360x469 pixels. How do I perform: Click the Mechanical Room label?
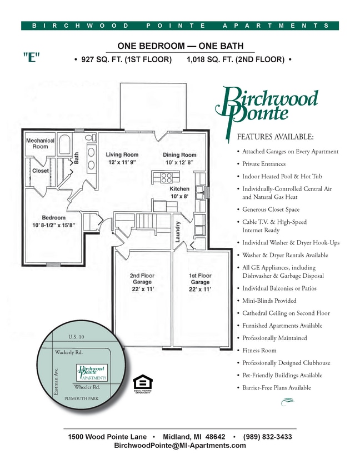coord(40,143)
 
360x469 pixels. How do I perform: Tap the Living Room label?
coord(122,154)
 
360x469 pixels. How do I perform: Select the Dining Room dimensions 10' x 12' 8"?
coord(179,162)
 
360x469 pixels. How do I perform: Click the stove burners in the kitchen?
coord(167,177)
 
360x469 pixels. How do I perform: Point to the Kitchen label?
coord(179,189)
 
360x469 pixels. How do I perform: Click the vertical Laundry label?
coord(178,231)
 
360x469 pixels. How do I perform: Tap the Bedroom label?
coord(53,218)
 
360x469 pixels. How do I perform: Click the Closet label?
coord(40,171)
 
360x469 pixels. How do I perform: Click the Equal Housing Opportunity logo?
coord(143,383)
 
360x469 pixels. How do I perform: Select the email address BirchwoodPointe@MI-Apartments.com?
coord(179,446)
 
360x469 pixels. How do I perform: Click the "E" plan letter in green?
coord(32,58)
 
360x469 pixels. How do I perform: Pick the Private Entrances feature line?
coord(264,164)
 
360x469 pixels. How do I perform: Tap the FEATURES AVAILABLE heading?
coord(275,137)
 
